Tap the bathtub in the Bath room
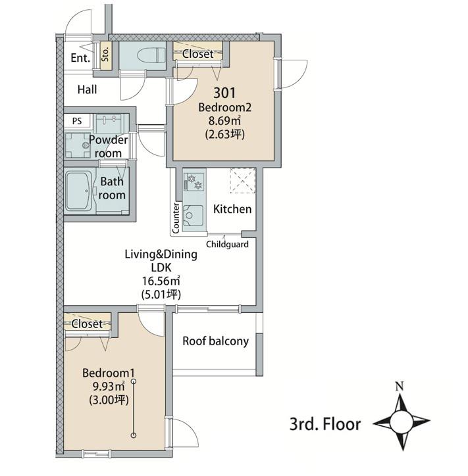point(79,191)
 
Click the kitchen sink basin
point(193,216)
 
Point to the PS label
point(77,121)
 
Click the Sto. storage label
point(105,55)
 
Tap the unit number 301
point(224,93)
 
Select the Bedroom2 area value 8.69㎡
point(224,120)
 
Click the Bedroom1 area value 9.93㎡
point(109,387)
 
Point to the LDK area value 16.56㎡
point(161,281)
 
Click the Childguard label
point(227,244)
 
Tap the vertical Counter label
point(176,218)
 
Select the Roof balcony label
point(215,341)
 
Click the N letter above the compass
point(400,386)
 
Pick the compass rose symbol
point(402,421)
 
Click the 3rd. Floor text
point(325,424)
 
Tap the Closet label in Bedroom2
point(198,54)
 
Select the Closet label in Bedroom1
point(87,324)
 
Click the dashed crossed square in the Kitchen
point(242,181)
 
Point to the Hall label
point(88,89)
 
